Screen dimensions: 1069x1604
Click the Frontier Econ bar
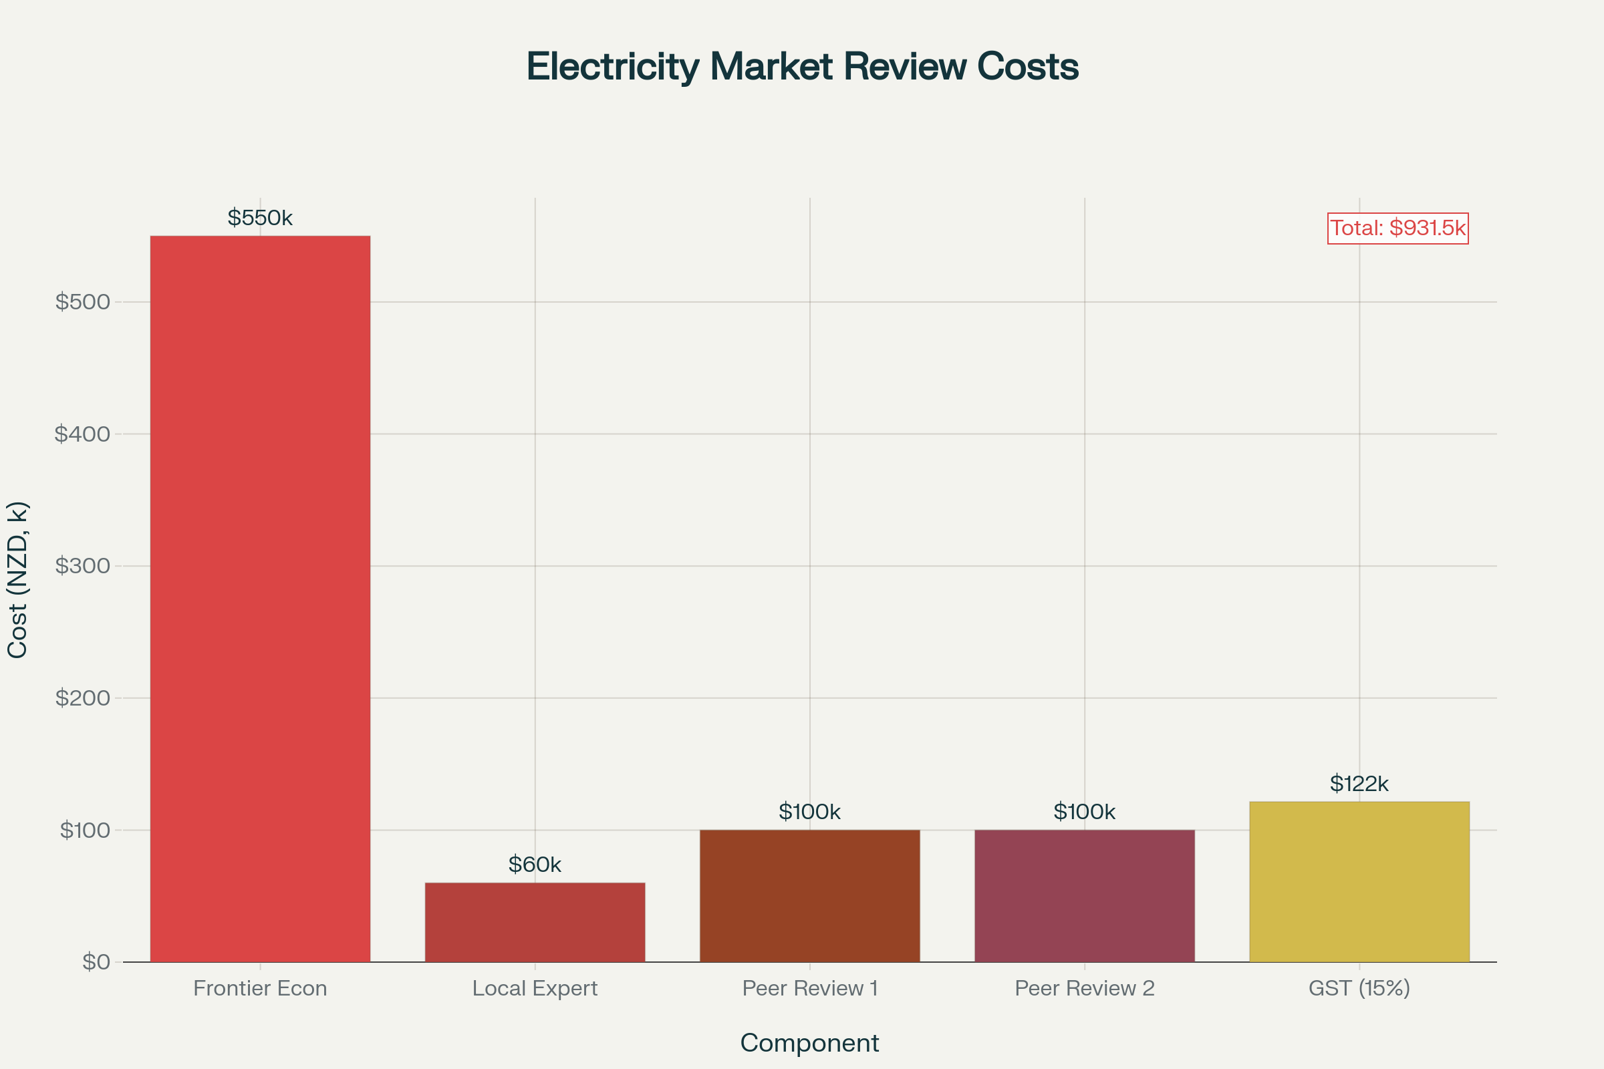click(260, 599)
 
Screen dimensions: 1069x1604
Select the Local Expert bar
click(535, 922)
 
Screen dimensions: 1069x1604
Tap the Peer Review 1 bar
click(809, 895)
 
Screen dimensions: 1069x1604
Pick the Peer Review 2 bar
click(1084, 895)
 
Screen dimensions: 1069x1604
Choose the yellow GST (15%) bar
click(1359, 881)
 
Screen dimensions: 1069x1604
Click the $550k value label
click(260, 218)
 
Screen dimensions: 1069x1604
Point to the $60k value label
click(535, 865)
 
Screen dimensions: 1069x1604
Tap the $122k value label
click(1359, 784)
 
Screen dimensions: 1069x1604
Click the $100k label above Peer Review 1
click(809, 812)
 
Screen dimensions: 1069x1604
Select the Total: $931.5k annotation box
click(1398, 228)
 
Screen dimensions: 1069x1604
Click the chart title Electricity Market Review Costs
click(802, 67)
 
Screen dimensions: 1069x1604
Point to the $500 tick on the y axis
click(82, 302)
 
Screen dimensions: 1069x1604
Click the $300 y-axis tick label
click(82, 566)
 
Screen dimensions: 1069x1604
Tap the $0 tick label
click(96, 962)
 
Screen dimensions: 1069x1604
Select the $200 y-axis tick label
click(82, 698)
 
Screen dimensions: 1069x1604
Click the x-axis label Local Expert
click(535, 989)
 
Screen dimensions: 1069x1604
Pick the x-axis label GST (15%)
click(1359, 989)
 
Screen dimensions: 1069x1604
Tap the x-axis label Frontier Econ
click(260, 989)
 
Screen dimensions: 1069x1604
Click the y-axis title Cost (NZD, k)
click(18, 580)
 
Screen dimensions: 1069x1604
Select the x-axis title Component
click(809, 1043)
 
